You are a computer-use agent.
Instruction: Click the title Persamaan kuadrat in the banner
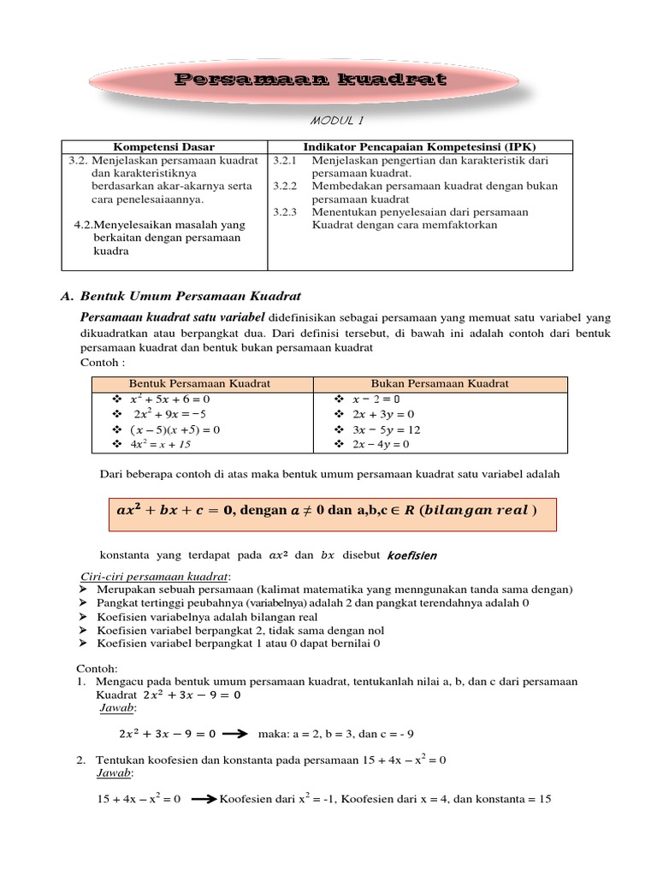pos(311,81)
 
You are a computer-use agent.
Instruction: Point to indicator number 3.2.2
pos(284,186)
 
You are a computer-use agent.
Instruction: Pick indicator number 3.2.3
pos(284,211)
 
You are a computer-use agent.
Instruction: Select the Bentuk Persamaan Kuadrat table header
pos(199,383)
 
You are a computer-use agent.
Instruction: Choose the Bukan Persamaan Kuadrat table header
pos(440,383)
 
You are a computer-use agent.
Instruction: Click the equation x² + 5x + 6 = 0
pos(169,400)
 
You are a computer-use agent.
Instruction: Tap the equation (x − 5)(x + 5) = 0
pos(175,429)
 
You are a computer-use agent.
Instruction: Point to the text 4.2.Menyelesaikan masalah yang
pos(160,224)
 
